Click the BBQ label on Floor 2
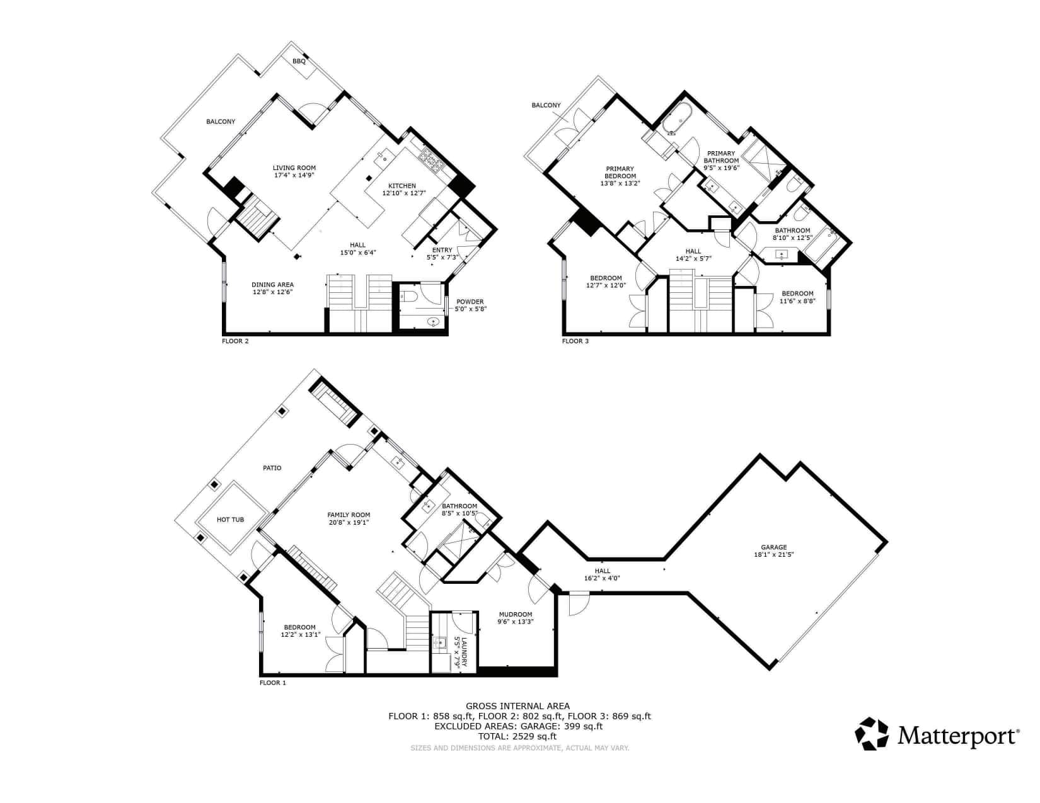pyautogui.click(x=299, y=61)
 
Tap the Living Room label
pyautogui.click(x=294, y=168)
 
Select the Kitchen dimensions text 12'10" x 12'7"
pyautogui.click(x=404, y=193)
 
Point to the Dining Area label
pyautogui.click(x=272, y=285)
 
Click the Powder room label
pyautogui.click(x=470, y=302)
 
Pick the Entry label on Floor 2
pyautogui.click(x=442, y=250)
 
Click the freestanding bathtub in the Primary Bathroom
pyautogui.click(x=677, y=118)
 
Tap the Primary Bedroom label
pyautogui.click(x=620, y=172)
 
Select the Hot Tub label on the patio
pyautogui.click(x=230, y=520)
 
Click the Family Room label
pyautogui.click(x=349, y=515)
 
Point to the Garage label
pyautogui.click(x=774, y=547)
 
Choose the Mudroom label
pyautogui.click(x=516, y=615)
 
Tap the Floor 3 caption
pyautogui.click(x=575, y=341)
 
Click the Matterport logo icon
pyautogui.click(x=872, y=734)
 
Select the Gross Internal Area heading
pyautogui.click(x=518, y=706)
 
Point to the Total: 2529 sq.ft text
pyautogui.click(x=517, y=736)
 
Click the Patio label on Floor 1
pyautogui.click(x=272, y=468)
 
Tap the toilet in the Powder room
pyautogui.click(x=408, y=297)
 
